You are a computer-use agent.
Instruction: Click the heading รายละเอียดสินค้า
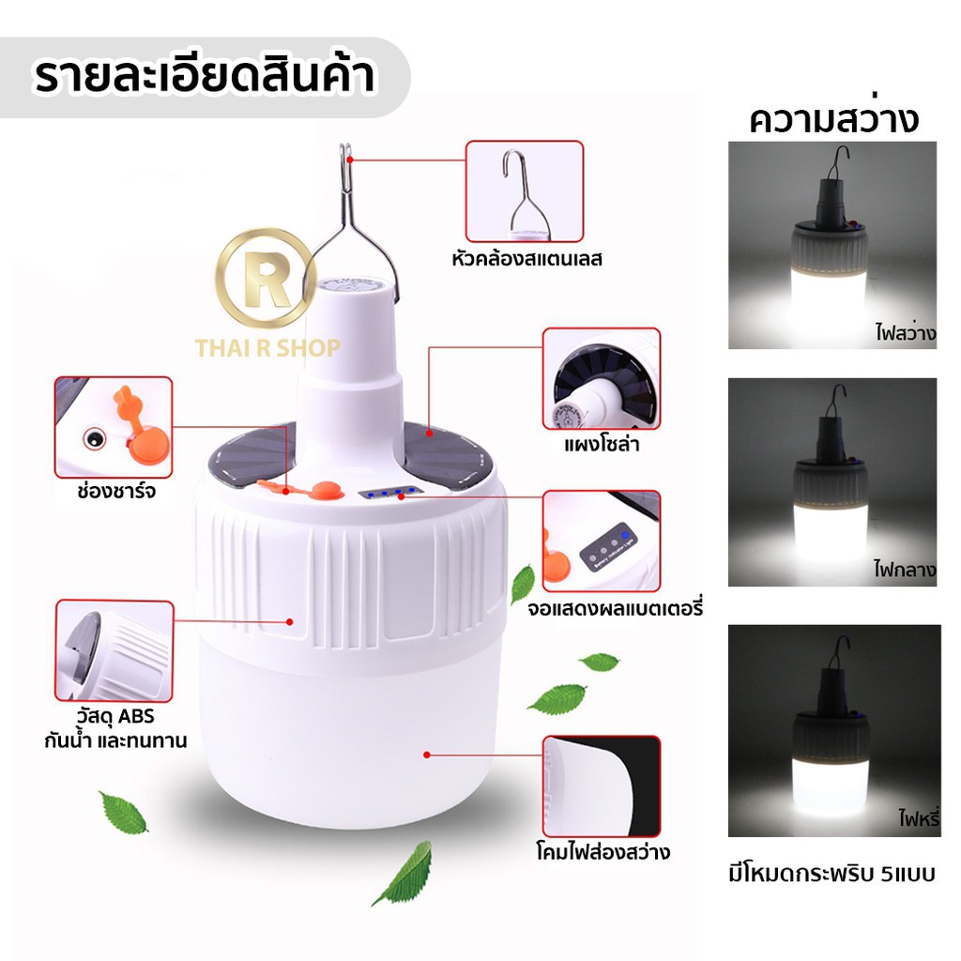click(x=205, y=77)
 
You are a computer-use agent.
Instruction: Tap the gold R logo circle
click(x=266, y=278)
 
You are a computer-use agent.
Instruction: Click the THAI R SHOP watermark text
click(x=267, y=348)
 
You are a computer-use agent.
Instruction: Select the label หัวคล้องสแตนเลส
click(x=526, y=259)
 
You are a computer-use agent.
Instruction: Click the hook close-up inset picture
click(x=525, y=191)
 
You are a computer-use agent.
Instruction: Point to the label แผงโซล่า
click(x=602, y=444)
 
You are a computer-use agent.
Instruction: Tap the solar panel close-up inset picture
click(x=602, y=379)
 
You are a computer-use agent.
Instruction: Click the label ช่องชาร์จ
click(x=115, y=491)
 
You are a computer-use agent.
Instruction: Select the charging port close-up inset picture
click(x=114, y=427)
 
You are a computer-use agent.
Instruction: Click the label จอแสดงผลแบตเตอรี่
click(x=615, y=608)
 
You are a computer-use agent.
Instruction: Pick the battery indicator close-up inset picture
click(x=602, y=542)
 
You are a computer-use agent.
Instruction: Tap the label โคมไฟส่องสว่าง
click(x=603, y=852)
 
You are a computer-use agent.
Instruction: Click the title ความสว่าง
click(x=833, y=119)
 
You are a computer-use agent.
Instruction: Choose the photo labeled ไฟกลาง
click(x=832, y=481)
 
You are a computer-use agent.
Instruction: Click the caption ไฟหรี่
click(x=918, y=818)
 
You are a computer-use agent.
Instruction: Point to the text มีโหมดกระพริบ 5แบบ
click(x=831, y=874)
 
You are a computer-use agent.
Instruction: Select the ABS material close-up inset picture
click(x=114, y=651)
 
